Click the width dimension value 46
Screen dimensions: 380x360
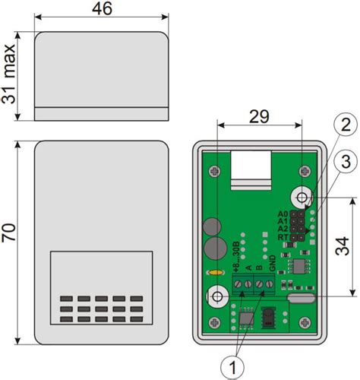[x=102, y=9]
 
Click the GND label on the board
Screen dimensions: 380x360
[x=271, y=268]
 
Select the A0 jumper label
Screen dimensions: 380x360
[x=283, y=214]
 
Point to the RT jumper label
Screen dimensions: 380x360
[x=283, y=237]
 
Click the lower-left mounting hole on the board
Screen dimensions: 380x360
[x=217, y=296]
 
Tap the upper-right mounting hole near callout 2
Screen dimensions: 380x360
[x=303, y=198]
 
